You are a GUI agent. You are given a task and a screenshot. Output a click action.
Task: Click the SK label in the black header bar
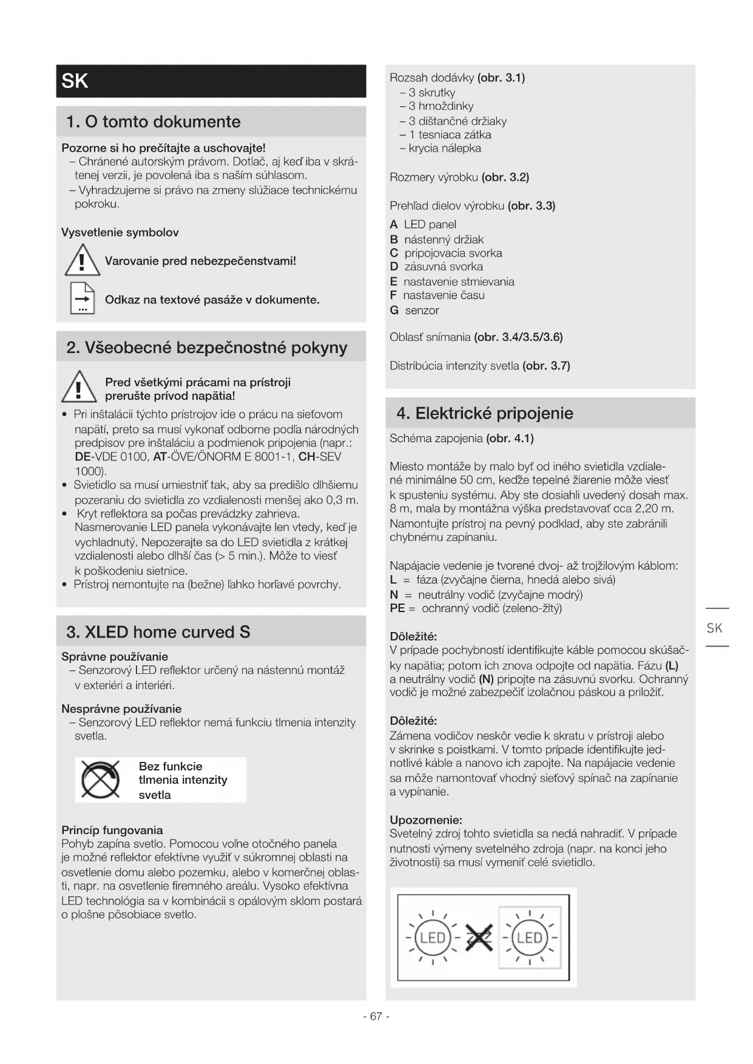pyautogui.click(x=75, y=81)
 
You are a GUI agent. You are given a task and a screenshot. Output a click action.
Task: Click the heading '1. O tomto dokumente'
pyautogui.click(x=154, y=122)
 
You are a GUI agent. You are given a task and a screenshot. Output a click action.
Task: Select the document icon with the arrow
pyautogui.click(x=83, y=298)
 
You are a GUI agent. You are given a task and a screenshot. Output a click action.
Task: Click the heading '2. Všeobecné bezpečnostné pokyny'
pyautogui.click(x=207, y=348)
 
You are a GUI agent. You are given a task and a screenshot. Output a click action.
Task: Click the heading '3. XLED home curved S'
pyautogui.click(x=158, y=632)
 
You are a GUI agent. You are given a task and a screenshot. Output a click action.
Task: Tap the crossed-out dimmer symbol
pyautogui.click(x=101, y=779)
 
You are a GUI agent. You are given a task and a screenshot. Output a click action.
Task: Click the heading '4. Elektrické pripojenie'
pyautogui.click(x=485, y=414)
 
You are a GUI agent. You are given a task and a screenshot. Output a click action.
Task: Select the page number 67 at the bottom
pyautogui.click(x=376, y=1016)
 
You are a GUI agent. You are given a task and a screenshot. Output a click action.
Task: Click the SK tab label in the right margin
pyautogui.click(x=715, y=628)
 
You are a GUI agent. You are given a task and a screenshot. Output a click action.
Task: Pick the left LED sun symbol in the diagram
pyautogui.click(x=433, y=938)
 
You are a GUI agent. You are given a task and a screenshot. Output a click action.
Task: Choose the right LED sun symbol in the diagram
pyautogui.click(x=529, y=938)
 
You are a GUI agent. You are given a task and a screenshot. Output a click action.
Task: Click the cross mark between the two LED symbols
pyautogui.click(x=479, y=938)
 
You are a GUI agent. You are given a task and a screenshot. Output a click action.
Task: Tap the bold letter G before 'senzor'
pyautogui.click(x=394, y=311)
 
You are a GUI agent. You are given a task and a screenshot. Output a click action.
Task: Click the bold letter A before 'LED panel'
pyautogui.click(x=394, y=225)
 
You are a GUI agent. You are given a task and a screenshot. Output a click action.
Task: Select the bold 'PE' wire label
pyautogui.click(x=397, y=608)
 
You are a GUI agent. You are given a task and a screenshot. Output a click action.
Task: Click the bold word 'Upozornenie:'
pyautogui.click(x=426, y=820)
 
